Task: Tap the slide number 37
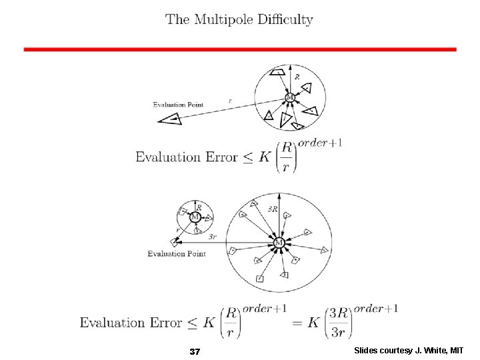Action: [195, 351]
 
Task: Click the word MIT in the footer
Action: [456, 351]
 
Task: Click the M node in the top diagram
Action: [289, 98]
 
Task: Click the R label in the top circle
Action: [297, 77]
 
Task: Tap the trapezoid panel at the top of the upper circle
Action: [278, 72]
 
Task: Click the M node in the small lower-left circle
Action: [195, 217]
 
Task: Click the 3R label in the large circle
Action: [273, 209]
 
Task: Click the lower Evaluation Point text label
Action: [177, 254]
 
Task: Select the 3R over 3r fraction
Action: [335, 323]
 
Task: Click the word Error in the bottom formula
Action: [163, 323]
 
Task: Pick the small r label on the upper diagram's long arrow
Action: [230, 101]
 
